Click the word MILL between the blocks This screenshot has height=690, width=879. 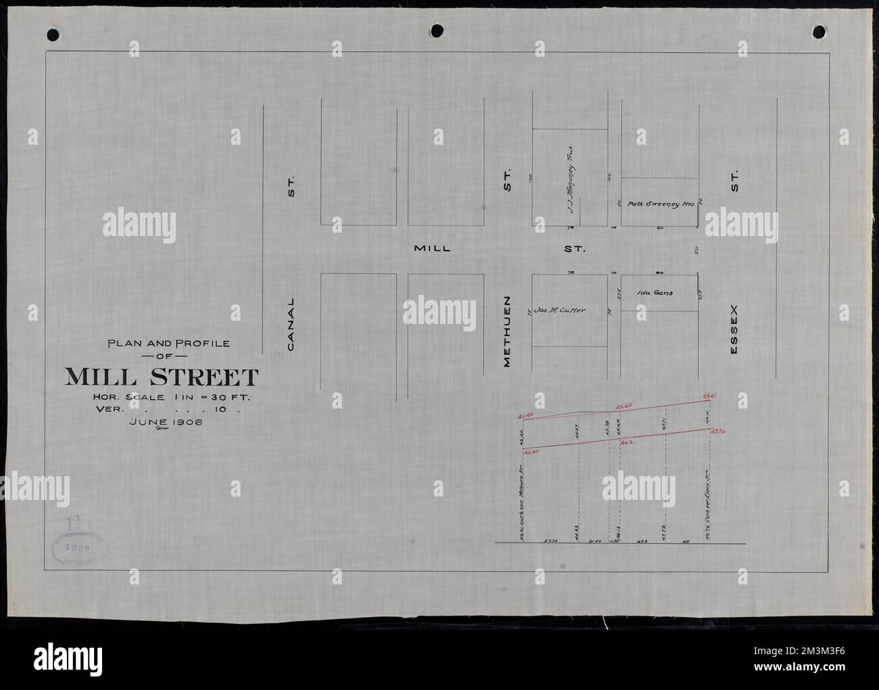(x=432, y=249)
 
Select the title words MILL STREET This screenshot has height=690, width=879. (x=161, y=377)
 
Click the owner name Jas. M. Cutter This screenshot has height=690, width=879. (x=559, y=310)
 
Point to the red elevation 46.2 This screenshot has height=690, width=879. (x=625, y=442)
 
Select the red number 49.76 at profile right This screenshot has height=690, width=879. (x=717, y=431)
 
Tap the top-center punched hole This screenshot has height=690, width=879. (x=437, y=31)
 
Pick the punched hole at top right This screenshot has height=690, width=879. (x=819, y=31)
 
